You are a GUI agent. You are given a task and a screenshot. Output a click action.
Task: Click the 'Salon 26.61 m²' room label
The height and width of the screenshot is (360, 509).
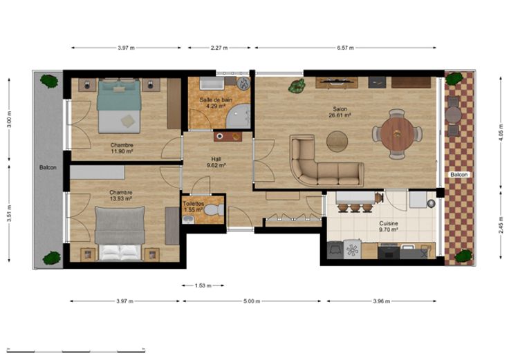point(340,112)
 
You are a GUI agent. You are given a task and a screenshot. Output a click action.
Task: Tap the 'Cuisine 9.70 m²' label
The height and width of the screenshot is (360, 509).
point(389,227)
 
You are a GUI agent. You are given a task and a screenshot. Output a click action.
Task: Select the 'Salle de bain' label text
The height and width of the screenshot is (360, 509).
point(216,100)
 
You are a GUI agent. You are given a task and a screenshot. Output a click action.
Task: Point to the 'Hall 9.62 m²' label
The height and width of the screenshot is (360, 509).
point(216,162)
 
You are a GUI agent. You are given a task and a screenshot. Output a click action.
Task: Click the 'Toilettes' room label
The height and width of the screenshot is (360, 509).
point(194,204)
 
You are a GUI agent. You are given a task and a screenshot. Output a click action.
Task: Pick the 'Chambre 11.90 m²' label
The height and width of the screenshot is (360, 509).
point(122,148)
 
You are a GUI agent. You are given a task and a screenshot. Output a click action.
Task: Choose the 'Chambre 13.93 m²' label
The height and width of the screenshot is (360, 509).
point(121,196)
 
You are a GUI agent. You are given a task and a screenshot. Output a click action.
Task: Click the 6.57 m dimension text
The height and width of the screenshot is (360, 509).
point(345,48)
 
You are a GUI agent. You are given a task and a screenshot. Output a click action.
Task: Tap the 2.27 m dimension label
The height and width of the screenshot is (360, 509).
point(219,48)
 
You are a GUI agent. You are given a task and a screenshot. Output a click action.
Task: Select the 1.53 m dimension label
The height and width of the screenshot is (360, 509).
point(203,286)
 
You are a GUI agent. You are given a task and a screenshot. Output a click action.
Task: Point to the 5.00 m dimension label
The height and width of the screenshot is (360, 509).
point(252,301)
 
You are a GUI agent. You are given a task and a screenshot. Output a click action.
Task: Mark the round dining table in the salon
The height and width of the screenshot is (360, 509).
point(397,133)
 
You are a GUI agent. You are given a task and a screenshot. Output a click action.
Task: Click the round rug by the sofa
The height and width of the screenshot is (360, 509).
point(337,142)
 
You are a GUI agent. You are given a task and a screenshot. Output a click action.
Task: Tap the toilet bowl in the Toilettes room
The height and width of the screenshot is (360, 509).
point(214,209)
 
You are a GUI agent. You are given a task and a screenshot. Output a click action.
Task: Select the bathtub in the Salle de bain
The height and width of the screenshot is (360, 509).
point(212,84)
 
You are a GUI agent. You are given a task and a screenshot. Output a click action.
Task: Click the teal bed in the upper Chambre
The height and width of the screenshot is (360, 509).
point(119,106)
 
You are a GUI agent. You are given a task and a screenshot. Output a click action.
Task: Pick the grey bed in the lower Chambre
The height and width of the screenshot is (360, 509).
point(120,233)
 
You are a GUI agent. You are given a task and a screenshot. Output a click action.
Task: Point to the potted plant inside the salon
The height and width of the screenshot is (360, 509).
point(297,86)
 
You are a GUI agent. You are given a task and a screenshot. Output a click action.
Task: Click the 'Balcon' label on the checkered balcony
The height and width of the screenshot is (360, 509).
point(459,175)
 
